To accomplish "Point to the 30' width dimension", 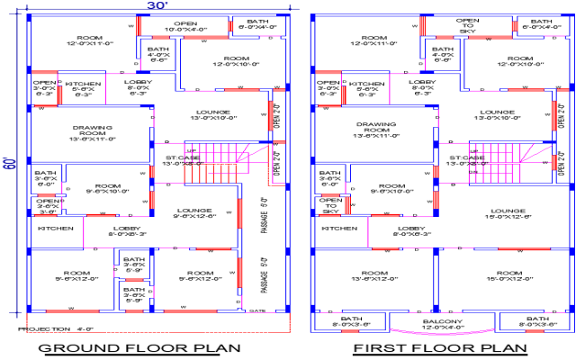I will tap(157, 6).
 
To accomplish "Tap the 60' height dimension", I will tap(10, 165).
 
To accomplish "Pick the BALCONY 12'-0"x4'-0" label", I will tap(442, 323).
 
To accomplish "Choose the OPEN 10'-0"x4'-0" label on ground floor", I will tap(186, 26).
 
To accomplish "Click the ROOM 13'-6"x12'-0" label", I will tap(368, 276).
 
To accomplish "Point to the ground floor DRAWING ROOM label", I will tap(87, 132).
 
